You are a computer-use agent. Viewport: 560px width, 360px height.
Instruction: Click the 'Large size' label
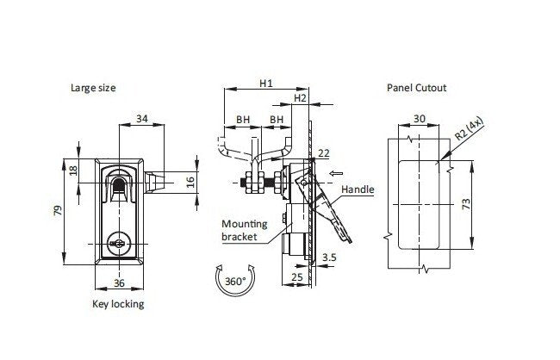click(95, 88)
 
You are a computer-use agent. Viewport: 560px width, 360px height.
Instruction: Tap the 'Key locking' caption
click(118, 304)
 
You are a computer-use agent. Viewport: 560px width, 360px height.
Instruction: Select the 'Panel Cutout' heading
click(417, 88)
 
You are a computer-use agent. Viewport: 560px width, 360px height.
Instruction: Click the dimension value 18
click(74, 171)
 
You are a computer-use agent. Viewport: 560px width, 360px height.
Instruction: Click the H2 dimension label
click(300, 99)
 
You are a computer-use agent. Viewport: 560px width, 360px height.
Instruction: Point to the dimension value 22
click(324, 153)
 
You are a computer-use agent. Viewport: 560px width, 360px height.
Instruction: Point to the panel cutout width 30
click(419, 120)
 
